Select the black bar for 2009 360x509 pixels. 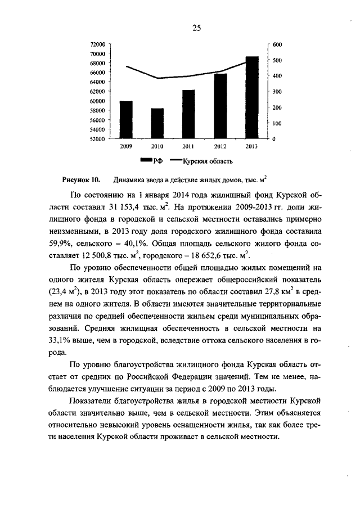pyautogui.click(x=126, y=120)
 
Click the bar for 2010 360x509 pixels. pyautogui.click(x=157, y=123)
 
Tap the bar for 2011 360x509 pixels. pyautogui.click(x=188, y=114)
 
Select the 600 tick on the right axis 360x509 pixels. pyautogui.click(x=277, y=44)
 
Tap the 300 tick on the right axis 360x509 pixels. pyautogui.click(x=277, y=92)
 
